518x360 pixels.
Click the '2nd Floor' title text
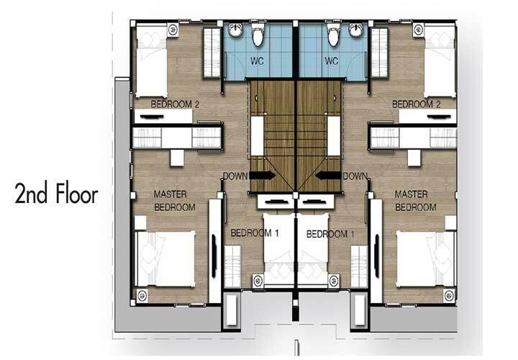click(x=57, y=194)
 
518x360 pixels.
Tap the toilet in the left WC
click(x=258, y=34)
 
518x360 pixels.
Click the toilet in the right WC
click(x=333, y=34)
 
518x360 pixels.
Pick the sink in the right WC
click(x=356, y=30)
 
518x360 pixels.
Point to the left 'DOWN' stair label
click(x=235, y=176)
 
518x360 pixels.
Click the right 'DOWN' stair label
click(x=355, y=176)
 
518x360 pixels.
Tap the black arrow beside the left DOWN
click(x=262, y=175)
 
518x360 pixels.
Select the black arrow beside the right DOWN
click(x=328, y=175)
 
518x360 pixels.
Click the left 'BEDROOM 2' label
click(x=175, y=104)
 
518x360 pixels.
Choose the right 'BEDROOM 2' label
click(x=417, y=104)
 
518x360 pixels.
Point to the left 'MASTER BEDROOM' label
click(x=174, y=201)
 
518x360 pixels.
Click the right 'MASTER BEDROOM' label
click(x=416, y=201)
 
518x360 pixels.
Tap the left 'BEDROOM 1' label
click(x=255, y=233)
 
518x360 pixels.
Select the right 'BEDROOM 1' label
click(x=330, y=234)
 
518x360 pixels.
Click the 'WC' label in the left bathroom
click(x=257, y=60)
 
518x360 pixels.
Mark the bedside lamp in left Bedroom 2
click(x=173, y=30)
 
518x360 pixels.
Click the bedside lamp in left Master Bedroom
click(x=142, y=295)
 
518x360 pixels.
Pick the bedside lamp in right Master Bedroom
click(x=449, y=295)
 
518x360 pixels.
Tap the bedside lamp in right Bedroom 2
click(x=419, y=30)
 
